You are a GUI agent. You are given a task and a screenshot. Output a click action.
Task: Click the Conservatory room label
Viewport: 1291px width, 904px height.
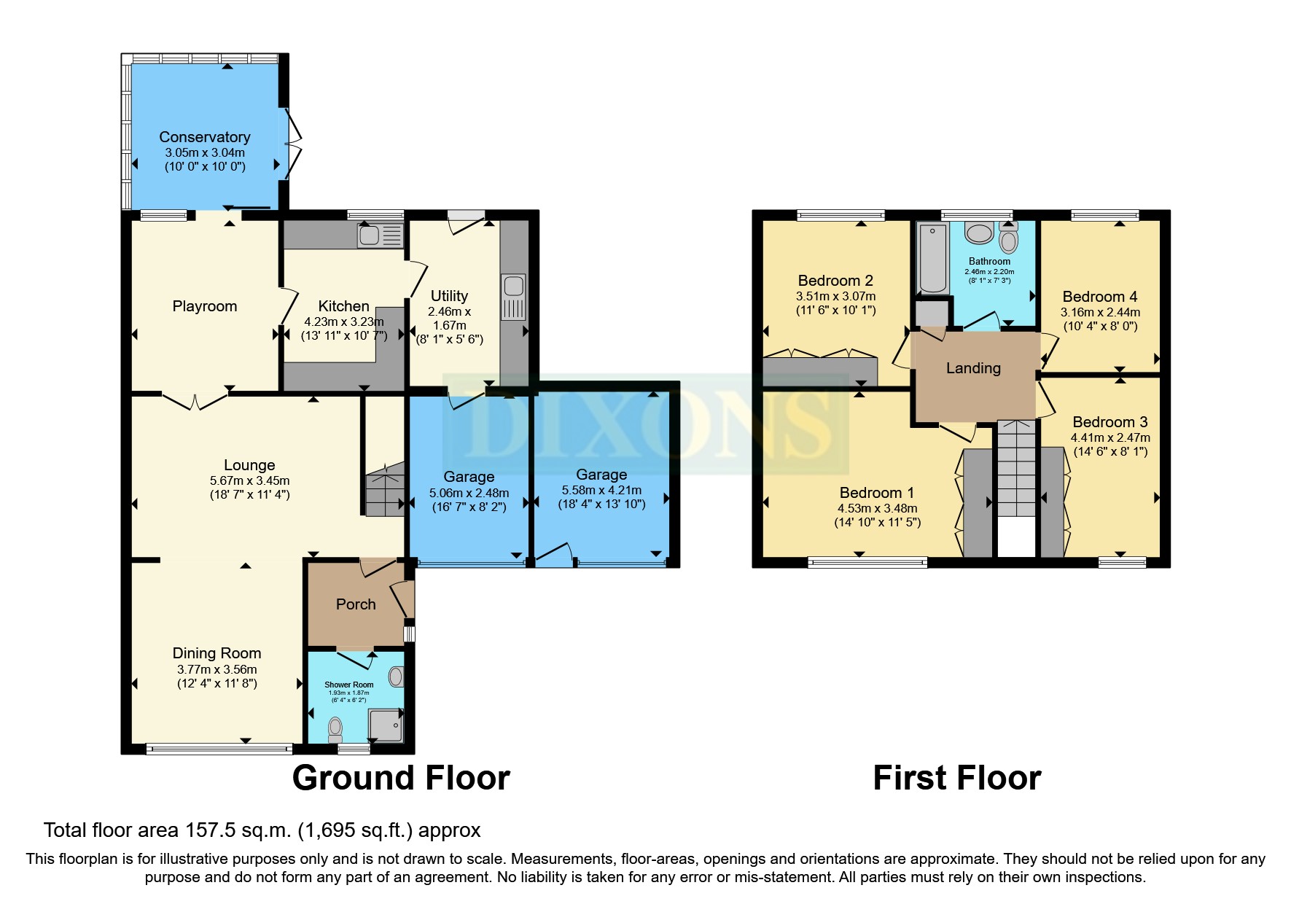click(204, 137)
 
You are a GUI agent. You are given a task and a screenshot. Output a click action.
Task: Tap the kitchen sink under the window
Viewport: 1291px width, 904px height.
click(370, 235)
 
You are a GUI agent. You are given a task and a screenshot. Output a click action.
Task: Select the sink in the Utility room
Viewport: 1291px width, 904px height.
click(513, 286)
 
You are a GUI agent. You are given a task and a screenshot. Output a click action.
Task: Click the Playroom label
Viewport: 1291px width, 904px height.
click(204, 306)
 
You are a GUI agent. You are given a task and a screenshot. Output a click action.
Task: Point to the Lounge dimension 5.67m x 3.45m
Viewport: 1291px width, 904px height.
click(249, 481)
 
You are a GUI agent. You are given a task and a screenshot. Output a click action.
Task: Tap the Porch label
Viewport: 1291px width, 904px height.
click(356, 604)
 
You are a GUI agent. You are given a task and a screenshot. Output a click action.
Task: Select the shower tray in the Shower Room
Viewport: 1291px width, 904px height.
click(386, 725)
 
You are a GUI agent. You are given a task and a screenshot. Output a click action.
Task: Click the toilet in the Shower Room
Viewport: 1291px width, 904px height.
click(335, 728)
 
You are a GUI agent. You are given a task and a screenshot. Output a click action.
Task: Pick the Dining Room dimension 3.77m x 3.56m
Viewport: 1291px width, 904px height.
click(217, 669)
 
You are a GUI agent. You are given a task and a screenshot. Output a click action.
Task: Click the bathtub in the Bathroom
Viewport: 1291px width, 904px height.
click(932, 259)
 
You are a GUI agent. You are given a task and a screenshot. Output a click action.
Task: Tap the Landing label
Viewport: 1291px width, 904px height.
click(973, 368)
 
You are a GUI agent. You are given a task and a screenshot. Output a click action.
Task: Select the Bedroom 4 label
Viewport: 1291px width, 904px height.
click(1099, 297)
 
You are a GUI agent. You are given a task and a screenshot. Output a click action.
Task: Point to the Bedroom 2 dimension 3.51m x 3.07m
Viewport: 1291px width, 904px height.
click(835, 297)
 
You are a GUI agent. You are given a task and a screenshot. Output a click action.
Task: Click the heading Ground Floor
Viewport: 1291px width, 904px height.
click(401, 778)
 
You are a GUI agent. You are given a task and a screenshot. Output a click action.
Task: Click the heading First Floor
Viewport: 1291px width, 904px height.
click(956, 778)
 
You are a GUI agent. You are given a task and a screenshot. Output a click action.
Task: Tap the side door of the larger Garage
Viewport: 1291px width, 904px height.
click(554, 554)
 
